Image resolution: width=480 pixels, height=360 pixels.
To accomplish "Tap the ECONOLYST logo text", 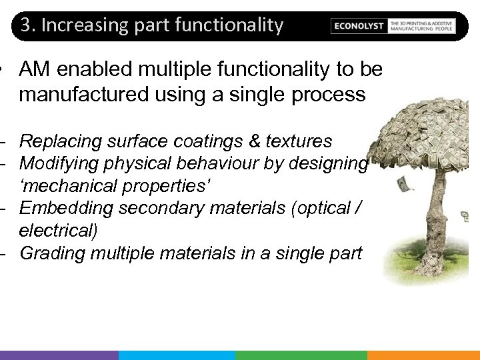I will (359, 26).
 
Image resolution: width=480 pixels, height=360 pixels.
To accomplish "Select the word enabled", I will (93, 69).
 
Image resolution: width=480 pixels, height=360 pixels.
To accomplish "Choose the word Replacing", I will (58, 141).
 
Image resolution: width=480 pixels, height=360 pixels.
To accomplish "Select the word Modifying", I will (58, 163).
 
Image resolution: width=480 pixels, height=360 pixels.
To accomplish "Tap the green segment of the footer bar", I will (301, 355).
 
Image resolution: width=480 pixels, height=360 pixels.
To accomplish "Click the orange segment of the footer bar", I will (423, 355).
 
